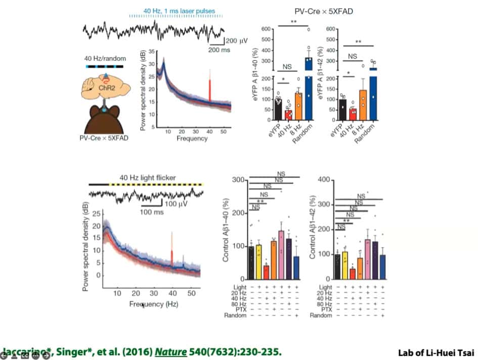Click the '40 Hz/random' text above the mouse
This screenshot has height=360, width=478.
(105, 59)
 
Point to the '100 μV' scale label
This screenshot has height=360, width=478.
(177, 204)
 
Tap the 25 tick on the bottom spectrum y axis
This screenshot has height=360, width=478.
(92, 215)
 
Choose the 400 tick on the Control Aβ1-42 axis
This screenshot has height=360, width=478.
(327, 180)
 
